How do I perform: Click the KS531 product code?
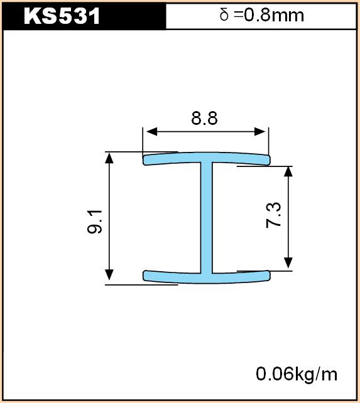[62, 16]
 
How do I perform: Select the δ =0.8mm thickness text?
[262, 15]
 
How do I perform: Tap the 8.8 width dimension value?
[204, 118]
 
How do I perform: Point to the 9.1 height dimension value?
[95, 222]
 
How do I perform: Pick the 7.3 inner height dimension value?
[273, 215]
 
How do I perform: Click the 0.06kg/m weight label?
[297, 374]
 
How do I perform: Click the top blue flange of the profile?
[206, 158]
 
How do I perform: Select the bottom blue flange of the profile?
[206, 277]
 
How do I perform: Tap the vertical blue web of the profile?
[206, 217]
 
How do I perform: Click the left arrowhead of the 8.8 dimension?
[151, 132]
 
